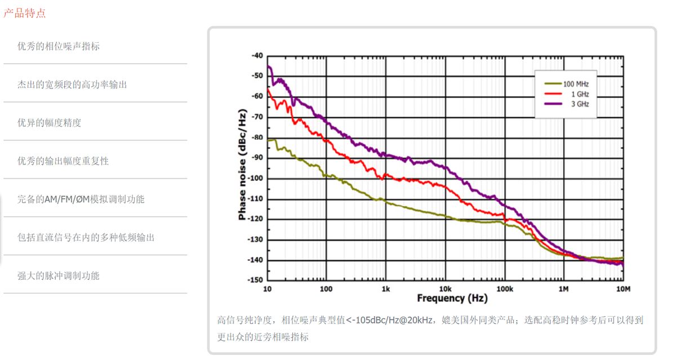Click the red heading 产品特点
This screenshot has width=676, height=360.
(x=24, y=13)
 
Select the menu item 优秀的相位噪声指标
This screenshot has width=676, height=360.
(x=59, y=46)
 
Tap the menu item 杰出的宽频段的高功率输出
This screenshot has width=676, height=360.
(x=72, y=85)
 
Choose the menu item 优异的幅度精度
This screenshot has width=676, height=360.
(x=49, y=123)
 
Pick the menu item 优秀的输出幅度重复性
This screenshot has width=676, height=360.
(x=63, y=161)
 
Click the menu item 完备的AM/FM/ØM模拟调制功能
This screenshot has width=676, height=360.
(x=81, y=199)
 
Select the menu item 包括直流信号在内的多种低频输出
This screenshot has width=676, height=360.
(x=86, y=237)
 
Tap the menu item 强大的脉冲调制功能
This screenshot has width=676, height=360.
(x=59, y=275)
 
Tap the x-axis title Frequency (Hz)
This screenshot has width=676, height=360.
(x=452, y=298)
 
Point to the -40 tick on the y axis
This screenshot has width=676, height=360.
(x=257, y=56)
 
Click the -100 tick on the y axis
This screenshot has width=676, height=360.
(x=255, y=179)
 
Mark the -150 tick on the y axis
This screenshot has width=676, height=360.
(x=255, y=280)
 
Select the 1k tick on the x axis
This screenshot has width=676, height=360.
(x=385, y=288)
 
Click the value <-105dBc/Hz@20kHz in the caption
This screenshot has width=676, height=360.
(x=390, y=320)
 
